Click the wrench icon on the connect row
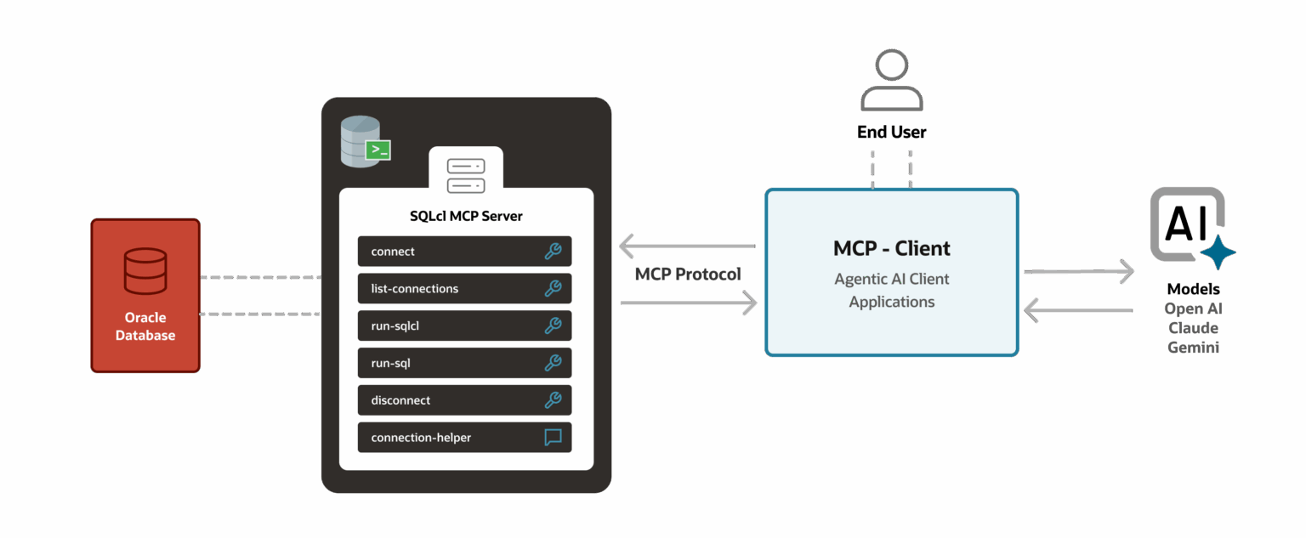coord(553,252)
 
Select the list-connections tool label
coord(415,289)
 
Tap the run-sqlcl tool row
coord(464,326)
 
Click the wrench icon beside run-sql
coord(553,363)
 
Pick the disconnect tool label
coord(400,400)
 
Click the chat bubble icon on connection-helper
coord(553,438)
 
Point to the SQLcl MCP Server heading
coord(466,216)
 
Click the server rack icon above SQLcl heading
coord(466,176)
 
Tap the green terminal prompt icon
coord(378,150)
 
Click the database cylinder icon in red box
coord(145,271)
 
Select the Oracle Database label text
coord(145,326)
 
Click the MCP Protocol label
coord(688,275)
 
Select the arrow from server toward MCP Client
coord(689,303)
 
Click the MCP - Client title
coord(891,249)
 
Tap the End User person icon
coord(891,81)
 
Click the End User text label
coord(891,133)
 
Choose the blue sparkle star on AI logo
coord(1217,252)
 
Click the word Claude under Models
coord(1193,328)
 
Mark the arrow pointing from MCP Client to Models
coord(1078,272)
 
